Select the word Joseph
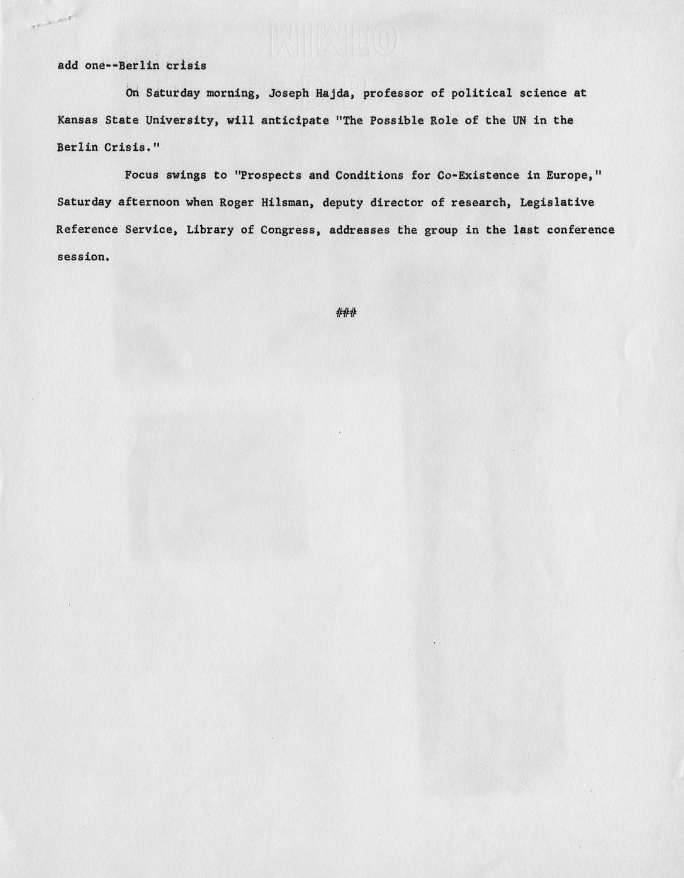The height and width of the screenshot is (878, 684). (289, 94)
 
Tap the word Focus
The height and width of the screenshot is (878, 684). (142, 175)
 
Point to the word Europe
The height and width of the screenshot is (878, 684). (564, 175)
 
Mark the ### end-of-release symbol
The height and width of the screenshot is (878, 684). (345, 312)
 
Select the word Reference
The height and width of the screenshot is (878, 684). (87, 230)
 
